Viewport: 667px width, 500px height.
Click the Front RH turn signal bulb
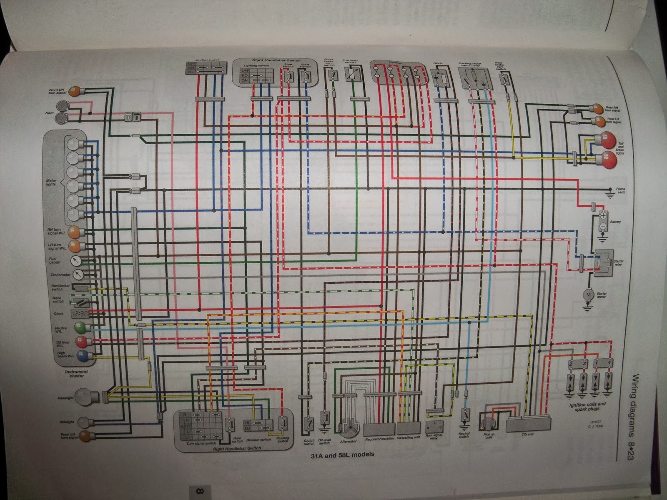coord(74,91)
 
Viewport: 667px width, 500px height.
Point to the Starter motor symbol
coord(589,295)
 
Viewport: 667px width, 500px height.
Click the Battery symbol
coord(602,220)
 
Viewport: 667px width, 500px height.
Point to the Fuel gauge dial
coord(76,261)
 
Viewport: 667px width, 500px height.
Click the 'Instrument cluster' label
coord(76,373)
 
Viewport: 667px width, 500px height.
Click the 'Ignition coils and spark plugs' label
coord(587,407)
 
